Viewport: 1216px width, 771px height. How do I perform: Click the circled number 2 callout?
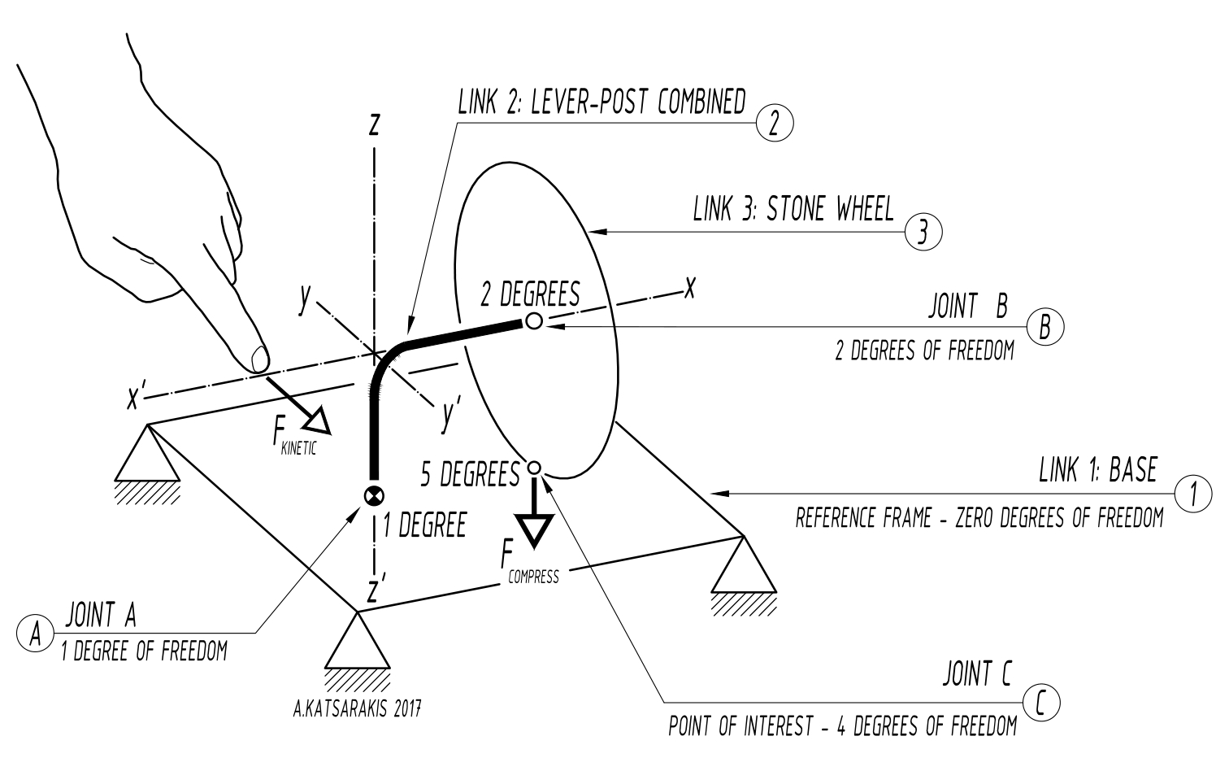pyautogui.click(x=774, y=124)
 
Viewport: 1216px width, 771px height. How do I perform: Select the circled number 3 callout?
pyautogui.click(x=923, y=233)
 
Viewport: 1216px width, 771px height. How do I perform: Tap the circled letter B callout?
pyautogui.click(x=1045, y=327)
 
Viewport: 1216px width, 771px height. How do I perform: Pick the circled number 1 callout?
pyautogui.click(x=1193, y=494)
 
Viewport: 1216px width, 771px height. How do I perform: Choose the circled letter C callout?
pyautogui.click(x=1042, y=703)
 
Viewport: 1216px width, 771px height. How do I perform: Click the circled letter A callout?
pyautogui.click(x=35, y=633)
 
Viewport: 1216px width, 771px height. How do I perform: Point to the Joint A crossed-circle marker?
pyautogui.click(x=374, y=495)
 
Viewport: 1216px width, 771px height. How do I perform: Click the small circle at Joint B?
pyautogui.click(x=533, y=321)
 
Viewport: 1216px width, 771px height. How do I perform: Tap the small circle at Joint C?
pyautogui.click(x=534, y=468)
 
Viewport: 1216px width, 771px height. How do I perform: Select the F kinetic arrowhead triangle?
pyautogui.click(x=315, y=420)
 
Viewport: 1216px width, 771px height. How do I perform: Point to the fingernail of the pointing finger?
pyautogui.click(x=258, y=358)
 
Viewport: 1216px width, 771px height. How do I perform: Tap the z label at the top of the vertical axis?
pyautogui.click(x=374, y=124)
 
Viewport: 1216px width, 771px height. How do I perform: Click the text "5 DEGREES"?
pyautogui.click(x=470, y=474)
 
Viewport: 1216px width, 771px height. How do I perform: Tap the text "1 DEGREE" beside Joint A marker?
pyautogui.click(x=425, y=525)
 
